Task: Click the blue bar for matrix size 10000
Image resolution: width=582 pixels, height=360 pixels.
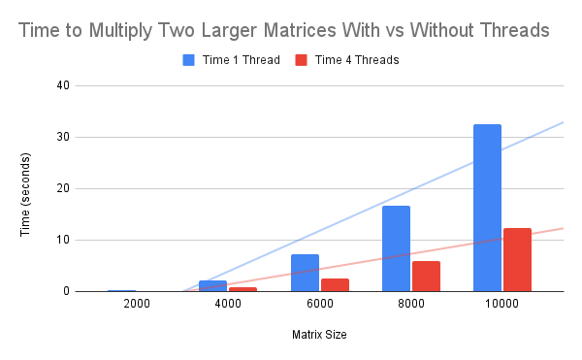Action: click(487, 208)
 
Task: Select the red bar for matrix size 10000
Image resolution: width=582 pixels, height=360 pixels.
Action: click(517, 259)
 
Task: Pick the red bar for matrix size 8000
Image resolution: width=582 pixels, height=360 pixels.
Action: click(426, 276)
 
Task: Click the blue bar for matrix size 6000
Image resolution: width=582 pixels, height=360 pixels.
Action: click(305, 273)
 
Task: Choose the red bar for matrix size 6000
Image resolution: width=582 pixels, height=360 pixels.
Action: click(335, 284)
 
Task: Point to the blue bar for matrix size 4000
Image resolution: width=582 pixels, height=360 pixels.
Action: click(213, 285)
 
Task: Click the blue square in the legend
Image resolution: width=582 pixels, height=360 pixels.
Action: click(189, 60)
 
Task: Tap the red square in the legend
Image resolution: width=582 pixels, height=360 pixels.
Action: click(301, 60)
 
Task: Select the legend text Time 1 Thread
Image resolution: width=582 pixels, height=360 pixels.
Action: click(240, 60)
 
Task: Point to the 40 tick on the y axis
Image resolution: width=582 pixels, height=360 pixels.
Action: click(63, 85)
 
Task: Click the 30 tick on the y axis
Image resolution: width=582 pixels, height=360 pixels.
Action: click(63, 137)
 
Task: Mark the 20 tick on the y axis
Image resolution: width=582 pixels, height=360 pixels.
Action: click(63, 188)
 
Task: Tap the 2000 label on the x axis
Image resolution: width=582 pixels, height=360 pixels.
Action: click(137, 305)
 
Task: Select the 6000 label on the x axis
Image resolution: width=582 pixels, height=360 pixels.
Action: click(319, 305)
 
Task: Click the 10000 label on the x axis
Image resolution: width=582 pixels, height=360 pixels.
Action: click(501, 305)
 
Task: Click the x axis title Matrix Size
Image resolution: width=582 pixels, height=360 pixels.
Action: click(319, 335)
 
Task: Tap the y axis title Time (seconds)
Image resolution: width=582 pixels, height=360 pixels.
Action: click(30, 188)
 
